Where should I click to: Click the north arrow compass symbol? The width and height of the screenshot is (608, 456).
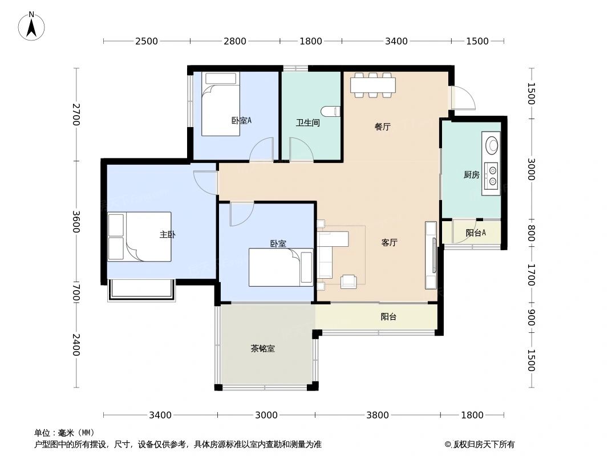pyautogui.click(x=31, y=26)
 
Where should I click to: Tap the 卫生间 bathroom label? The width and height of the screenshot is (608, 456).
pyautogui.click(x=307, y=123)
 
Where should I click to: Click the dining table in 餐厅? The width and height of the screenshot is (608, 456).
pyautogui.click(x=372, y=85)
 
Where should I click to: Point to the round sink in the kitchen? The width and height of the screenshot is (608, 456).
pyautogui.click(x=492, y=145)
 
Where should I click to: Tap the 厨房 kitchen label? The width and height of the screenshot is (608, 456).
pyautogui.click(x=472, y=175)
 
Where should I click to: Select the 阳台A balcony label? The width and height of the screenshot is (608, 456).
pyautogui.click(x=475, y=233)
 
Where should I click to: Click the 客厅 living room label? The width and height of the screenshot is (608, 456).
pyautogui.click(x=389, y=242)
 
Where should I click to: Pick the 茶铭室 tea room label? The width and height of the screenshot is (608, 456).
pyautogui.click(x=262, y=348)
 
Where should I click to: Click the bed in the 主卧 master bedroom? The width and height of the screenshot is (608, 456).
pyautogui.click(x=139, y=237)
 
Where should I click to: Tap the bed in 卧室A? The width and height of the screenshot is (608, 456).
pyautogui.click(x=221, y=104)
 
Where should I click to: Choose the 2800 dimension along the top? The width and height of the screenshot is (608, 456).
pyautogui.click(x=234, y=41)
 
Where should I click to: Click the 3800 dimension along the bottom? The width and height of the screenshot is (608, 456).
pyautogui.click(x=377, y=415)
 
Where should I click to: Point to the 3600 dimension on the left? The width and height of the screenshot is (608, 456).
pyautogui.click(x=76, y=222)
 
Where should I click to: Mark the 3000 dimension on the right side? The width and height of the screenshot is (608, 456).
pyautogui.click(x=531, y=169)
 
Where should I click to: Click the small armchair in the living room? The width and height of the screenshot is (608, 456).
pyautogui.click(x=348, y=282)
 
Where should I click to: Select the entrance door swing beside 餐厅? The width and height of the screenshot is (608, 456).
pyautogui.click(x=463, y=97)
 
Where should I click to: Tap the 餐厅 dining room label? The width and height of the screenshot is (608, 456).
pyautogui.click(x=382, y=127)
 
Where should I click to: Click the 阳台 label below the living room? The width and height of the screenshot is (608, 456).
pyautogui.click(x=388, y=316)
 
